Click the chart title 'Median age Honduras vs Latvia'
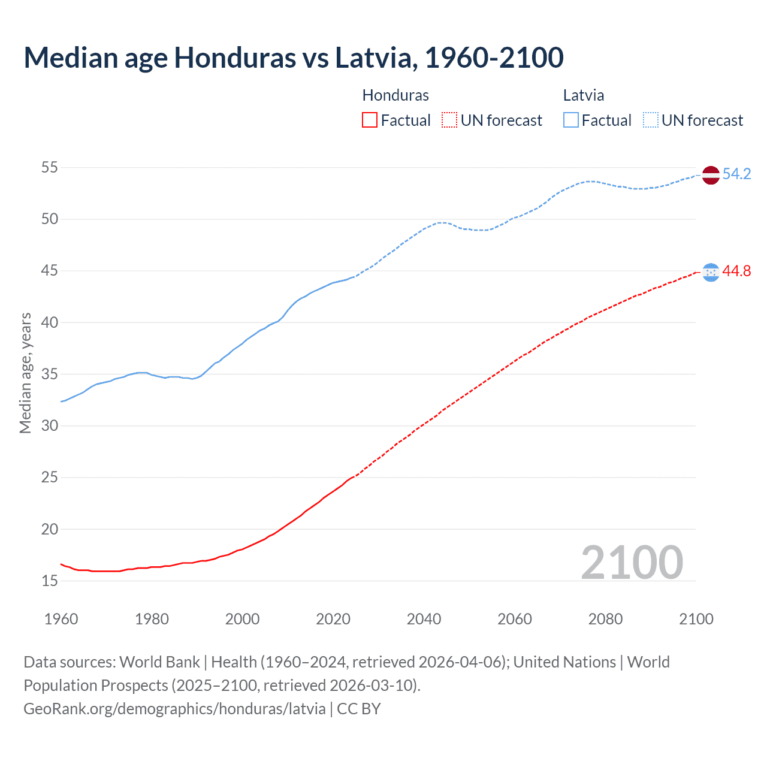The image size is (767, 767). [x=294, y=58]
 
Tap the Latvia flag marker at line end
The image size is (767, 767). [x=711, y=175]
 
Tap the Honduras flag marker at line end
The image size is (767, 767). [x=711, y=272]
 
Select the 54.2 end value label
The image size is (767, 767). [x=736, y=174]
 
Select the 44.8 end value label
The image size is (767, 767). [x=736, y=271]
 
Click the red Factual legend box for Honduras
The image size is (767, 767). [x=370, y=120]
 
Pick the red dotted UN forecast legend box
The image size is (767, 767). [x=449, y=120]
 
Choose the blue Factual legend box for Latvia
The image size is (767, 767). [x=571, y=120]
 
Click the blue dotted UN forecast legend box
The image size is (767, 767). [x=650, y=120]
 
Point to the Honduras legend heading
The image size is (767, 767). [x=395, y=95]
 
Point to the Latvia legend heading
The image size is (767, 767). [x=584, y=95]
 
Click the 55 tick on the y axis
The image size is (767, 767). [x=50, y=167]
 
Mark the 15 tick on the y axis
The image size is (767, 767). [x=50, y=581]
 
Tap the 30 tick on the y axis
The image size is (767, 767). [x=50, y=425]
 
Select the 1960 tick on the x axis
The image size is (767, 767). [x=61, y=619]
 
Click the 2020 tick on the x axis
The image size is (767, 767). [x=333, y=619]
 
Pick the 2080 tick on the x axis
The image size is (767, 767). [x=605, y=619]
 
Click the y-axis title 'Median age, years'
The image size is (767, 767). [x=25, y=373]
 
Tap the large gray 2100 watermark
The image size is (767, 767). [x=632, y=562]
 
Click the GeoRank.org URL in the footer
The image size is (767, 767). [x=174, y=709]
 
